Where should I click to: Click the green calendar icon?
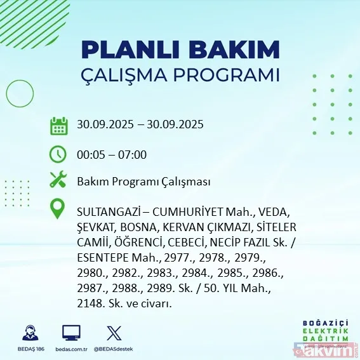59,125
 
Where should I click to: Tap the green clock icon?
59,154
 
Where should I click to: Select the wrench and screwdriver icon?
59,180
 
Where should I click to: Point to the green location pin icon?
59,209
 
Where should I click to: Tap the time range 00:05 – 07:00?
111,154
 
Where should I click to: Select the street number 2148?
90,305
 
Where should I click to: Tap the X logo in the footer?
112,332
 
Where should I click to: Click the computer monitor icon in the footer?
71,332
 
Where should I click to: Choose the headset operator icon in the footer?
29,332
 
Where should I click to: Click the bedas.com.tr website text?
72,349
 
